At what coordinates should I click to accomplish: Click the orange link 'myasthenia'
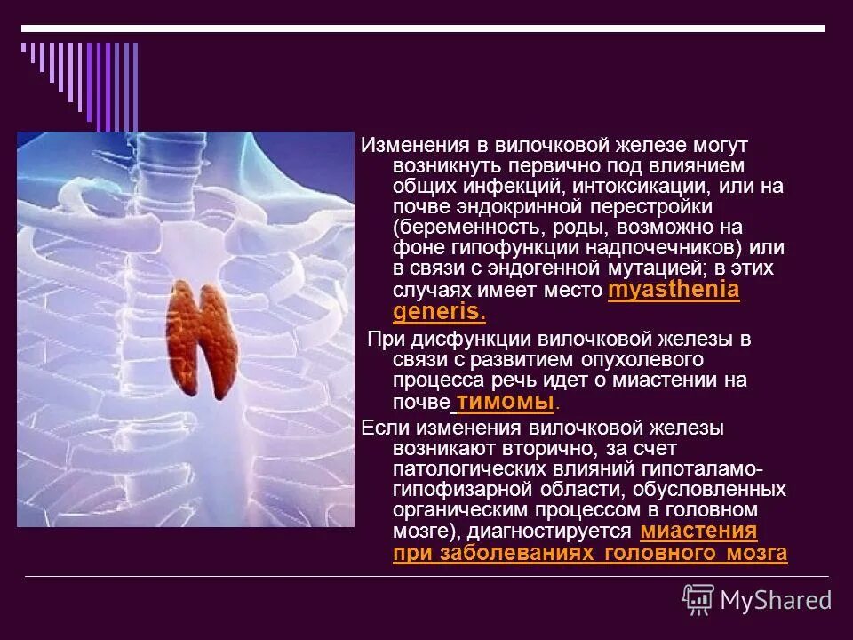[x=674, y=292]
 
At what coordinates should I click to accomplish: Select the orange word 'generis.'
[x=439, y=312]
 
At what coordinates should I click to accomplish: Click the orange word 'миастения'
[x=698, y=532]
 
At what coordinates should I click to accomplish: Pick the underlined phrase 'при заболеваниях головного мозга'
[x=589, y=553]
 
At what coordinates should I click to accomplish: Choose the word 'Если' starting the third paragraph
[x=380, y=428]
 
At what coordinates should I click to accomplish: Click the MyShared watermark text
[x=775, y=600]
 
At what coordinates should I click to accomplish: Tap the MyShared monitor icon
[x=698, y=599]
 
